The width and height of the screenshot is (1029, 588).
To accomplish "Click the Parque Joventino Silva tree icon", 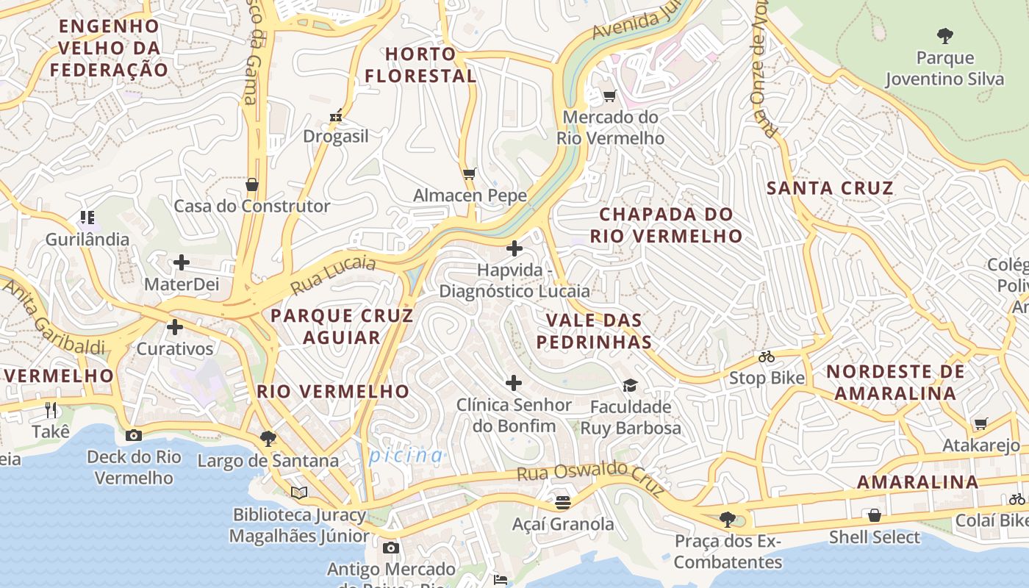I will coord(945,35).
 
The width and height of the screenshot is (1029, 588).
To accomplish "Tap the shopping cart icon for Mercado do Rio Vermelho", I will coord(609,96).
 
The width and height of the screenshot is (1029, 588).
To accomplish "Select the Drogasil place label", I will coord(336,136).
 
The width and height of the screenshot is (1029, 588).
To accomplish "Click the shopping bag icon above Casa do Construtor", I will coord(252,184).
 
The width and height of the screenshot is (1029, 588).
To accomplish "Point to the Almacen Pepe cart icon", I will coord(470,174).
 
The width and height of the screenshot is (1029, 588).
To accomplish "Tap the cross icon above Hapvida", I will coord(514,248).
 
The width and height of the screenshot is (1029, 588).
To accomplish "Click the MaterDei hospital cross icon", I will coord(181,262).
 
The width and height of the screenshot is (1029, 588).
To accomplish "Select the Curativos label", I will coord(175,348).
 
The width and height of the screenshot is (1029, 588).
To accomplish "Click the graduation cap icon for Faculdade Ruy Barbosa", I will coord(630,385).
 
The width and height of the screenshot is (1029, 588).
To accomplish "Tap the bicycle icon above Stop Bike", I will coord(767,356).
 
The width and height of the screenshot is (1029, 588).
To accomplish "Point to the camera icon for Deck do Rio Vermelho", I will coord(133,435).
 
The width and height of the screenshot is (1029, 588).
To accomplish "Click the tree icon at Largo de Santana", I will coord(268,439).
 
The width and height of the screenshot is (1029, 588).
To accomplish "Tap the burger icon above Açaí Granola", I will coord(563,502).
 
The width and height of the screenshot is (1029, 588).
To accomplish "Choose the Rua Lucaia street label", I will coord(333,275).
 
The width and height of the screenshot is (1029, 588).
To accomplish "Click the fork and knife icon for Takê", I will coord(51,409).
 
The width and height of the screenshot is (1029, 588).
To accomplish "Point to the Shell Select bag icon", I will coord(874,515).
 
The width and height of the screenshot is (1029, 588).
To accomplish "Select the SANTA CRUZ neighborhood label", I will coord(830,188).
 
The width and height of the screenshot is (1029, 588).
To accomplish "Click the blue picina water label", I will coord(406,456).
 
